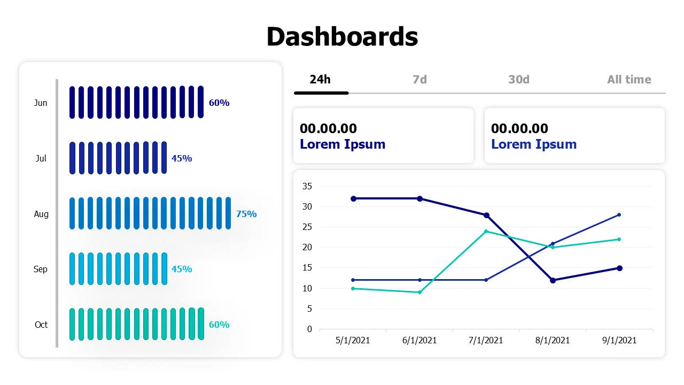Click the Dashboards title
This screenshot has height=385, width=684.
coord(342,37)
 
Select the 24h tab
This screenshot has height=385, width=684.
coord(320,80)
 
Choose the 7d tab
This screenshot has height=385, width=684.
coord(420,80)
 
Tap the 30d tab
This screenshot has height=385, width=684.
coord(519,80)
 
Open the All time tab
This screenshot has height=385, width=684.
coord(629,80)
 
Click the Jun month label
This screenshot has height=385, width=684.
coord(41,103)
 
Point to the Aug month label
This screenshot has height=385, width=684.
coord(41,214)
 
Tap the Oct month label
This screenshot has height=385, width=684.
coord(41,325)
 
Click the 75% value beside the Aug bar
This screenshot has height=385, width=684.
coord(246,214)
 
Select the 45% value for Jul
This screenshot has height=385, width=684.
coord(182,158)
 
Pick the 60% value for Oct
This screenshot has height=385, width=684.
coord(219,325)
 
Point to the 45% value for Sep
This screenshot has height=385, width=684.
coord(182,269)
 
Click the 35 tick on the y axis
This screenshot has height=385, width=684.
coord(307,186)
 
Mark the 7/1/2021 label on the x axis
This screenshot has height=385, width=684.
coord(486,340)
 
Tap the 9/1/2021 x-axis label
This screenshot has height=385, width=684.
coord(619,340)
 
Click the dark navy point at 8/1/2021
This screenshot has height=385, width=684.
coord(553,280)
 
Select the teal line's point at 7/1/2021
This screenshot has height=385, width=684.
coord(486,231)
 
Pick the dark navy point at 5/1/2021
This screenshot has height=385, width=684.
coord(353,198)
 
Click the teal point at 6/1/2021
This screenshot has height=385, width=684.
coord(419,292)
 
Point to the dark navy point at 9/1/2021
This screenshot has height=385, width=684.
coord(619,268)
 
